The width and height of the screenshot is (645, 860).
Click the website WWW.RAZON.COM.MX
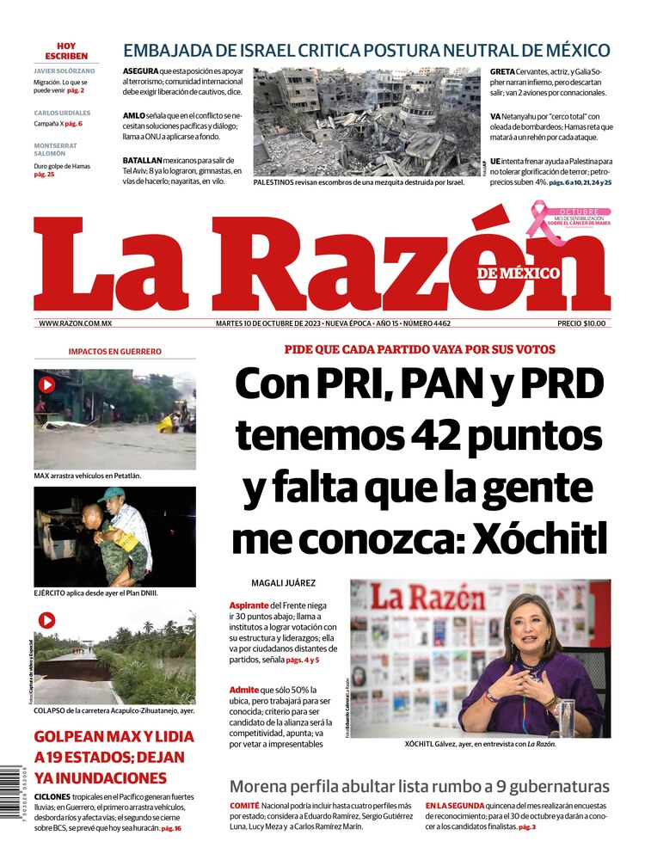click(x=76, y=323)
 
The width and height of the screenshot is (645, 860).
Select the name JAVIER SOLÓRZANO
click(x=66, y=71)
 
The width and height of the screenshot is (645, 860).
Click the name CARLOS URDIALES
click(x=62, y=113)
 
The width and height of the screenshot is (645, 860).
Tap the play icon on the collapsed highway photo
click(x=46, y=620)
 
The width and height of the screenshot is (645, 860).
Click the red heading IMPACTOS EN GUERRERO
click(x=114, y=352)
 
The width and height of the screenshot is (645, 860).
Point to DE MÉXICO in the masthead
click(x=518, y=273)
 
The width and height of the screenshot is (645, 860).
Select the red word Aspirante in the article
click(x=249, y=605)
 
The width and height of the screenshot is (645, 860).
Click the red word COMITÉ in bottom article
click(x=244, y=806)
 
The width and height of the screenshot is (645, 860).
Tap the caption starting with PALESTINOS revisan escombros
click(x=359, y=182)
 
